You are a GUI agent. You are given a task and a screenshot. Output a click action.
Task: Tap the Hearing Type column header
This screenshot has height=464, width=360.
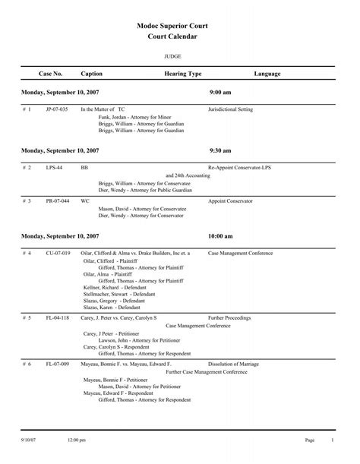[183, 74]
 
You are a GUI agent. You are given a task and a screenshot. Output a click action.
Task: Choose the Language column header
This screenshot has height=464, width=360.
[267, 74]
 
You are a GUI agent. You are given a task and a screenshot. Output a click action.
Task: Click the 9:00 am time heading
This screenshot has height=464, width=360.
[220, 92]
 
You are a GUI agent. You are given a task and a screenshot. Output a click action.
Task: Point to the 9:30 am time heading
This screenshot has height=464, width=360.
[220, 151]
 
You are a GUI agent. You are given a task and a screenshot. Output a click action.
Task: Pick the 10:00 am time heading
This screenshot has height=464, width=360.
[222, 236]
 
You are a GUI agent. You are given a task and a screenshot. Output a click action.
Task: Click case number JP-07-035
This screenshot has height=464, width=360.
[57, 109]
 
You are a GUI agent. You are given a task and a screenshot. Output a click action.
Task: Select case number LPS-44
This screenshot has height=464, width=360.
[53, 167]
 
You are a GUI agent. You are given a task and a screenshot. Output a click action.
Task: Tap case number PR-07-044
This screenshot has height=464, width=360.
[57, 201]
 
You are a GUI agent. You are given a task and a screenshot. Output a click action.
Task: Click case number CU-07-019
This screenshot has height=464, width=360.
[58, 252]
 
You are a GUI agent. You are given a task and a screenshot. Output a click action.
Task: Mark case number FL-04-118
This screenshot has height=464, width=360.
[57, 317]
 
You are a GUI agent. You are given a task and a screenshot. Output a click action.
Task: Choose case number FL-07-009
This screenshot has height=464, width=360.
[57, 365]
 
